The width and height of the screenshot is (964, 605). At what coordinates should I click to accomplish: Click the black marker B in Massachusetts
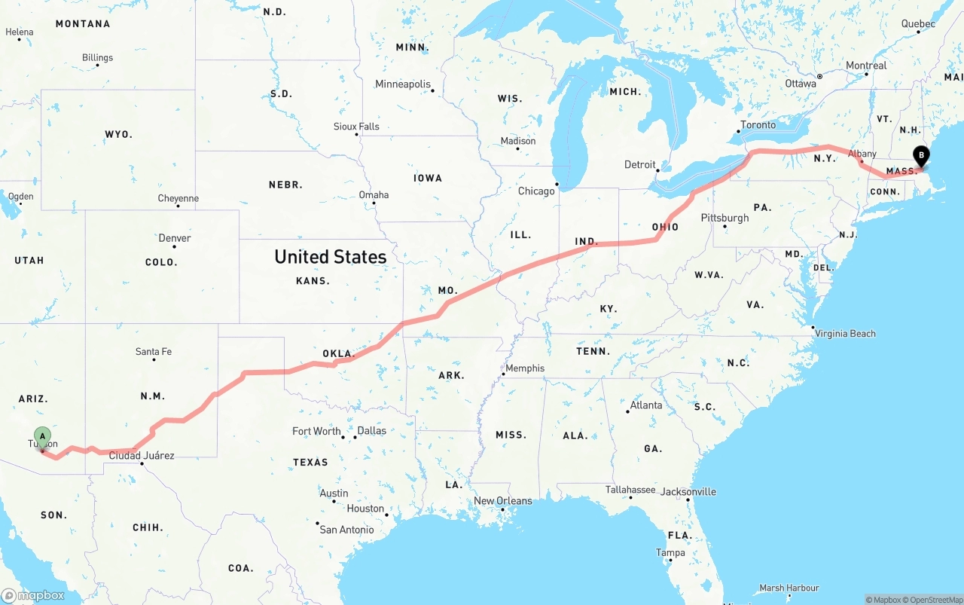(x=921, y=155)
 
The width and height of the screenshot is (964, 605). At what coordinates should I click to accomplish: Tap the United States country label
(x=330, y=257)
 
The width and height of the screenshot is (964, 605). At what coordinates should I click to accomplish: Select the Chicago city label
(x=535, y=191)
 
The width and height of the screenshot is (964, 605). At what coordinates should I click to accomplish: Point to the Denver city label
(x=174, y=238)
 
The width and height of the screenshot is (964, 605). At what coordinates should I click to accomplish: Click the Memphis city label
(x=524, y=368)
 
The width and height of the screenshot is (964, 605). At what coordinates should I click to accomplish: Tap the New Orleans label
(x=502, y=501)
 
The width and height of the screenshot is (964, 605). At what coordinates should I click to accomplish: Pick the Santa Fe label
(x=153, y=352)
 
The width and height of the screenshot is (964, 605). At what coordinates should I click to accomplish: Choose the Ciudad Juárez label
(x=142, y=456)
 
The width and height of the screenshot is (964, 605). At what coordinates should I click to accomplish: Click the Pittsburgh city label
(x=725, y=218)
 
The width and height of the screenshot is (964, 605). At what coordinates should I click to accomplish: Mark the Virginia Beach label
(x=845, y=333)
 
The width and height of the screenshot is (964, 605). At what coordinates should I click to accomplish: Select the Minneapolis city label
(x=403, y=84)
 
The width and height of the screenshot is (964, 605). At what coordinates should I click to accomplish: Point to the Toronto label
(x=758, y=125)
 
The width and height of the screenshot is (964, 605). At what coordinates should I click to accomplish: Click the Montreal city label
(x=866, y=66)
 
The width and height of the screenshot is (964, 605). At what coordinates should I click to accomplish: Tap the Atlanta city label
(x=646, y=405)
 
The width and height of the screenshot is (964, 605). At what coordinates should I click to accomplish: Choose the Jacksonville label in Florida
(x=688, y=492)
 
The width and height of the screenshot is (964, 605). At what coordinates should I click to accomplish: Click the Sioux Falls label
(x=356, y=127)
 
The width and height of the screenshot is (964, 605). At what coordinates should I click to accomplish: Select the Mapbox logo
(x=33, y=595)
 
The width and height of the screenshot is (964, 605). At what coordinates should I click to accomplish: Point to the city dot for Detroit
(x=657, y=170)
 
